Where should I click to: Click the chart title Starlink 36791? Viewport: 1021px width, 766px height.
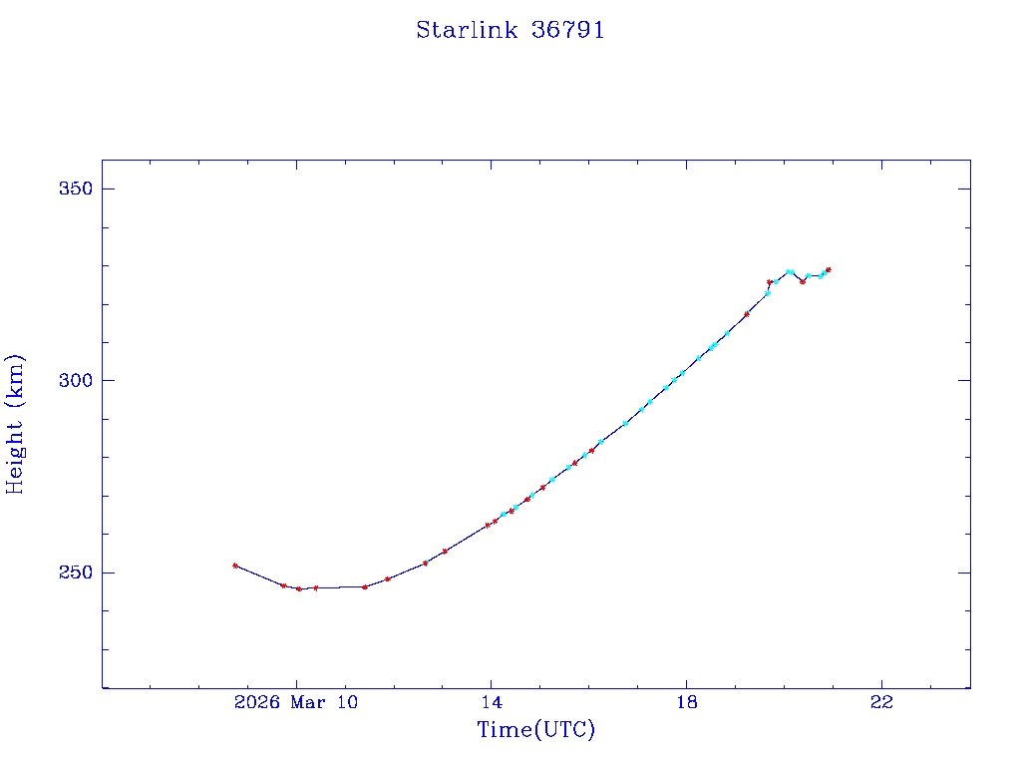[510, 30]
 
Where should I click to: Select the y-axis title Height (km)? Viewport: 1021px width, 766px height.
[16, 424]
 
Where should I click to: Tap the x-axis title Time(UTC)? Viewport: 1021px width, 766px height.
[535, 730]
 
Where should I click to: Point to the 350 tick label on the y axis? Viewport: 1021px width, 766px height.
[71, 190]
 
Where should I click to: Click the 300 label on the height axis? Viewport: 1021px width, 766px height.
[71, 381]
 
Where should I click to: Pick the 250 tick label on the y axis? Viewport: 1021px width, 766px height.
[71, 573]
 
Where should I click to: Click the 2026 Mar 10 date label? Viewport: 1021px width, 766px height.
[295, 702]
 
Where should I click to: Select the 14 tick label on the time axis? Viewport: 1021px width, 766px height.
[491, 702]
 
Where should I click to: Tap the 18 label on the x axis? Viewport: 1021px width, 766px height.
[686, 702]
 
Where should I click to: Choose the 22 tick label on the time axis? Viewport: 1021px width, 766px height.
[881, 702]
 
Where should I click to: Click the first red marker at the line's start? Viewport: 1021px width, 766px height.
[235, 566]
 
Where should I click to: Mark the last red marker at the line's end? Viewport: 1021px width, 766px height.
[828, 269]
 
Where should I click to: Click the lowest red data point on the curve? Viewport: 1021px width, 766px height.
[298, 588]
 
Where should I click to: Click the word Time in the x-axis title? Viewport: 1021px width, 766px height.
[506, 730]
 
